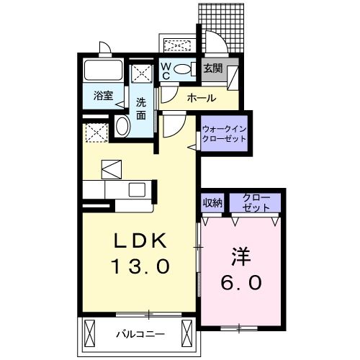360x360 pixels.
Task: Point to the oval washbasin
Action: coord(122,127)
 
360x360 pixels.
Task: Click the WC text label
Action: coord(166,71)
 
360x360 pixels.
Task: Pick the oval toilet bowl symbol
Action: coord(184,70)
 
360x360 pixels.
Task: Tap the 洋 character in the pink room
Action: coord(240,256)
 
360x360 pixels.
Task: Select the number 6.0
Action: coord(240,283)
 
